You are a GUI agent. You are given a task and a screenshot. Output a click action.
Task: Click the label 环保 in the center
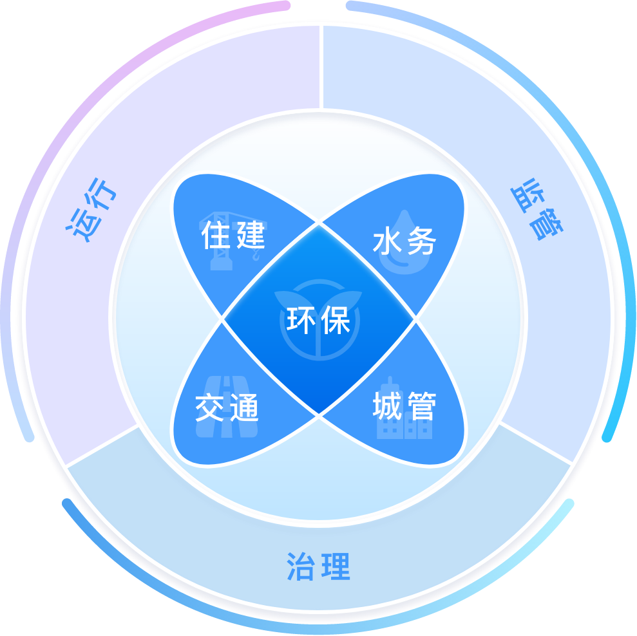click(318, 320)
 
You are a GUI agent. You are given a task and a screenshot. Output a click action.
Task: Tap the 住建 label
click(233, 236)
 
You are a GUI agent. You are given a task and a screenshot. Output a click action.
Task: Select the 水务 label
click(404, 241)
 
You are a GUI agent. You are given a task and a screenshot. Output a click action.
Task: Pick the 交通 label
click(227, 407)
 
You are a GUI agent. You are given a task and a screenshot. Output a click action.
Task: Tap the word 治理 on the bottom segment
click(318, 566)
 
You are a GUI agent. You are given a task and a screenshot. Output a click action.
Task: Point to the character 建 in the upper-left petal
click(250, 236)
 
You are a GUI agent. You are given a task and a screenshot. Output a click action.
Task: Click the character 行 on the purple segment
click(103, 196)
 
